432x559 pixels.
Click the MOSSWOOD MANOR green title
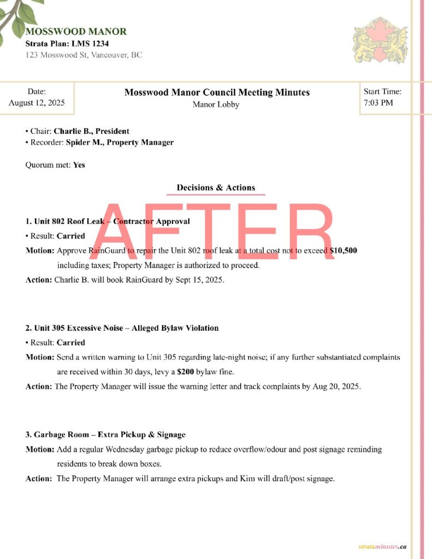click(76, 32)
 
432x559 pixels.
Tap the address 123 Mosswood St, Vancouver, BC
click(84, 55)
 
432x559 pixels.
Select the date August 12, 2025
click(37, 103)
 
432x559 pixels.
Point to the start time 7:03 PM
click(378, 103)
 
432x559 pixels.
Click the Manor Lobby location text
click(216, 104)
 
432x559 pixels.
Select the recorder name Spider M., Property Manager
click(120, 142)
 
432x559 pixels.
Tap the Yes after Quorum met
click(79, 164)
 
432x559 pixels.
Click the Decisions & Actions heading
click(216, 188)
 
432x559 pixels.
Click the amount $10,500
click(344, 251)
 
